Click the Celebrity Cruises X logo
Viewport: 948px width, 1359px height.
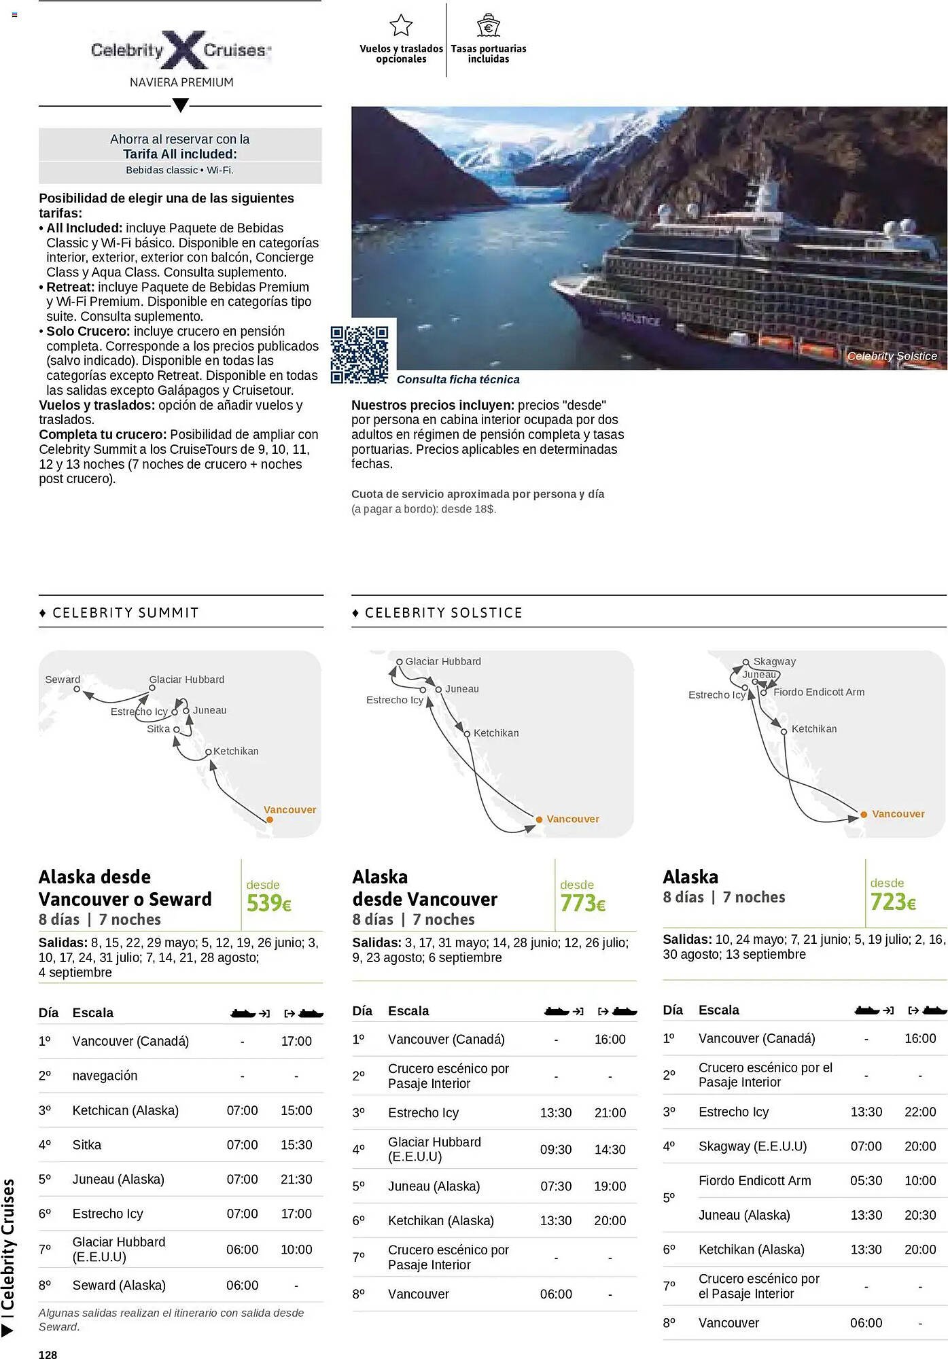pos(181,50)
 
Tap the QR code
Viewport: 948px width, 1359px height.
pos(359,354)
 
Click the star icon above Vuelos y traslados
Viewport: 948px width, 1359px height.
pos(401,26)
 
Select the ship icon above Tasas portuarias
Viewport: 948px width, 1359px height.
pos(488,26)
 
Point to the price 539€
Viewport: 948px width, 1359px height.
pos(268,903)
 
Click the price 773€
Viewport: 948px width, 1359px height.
pos(582,903)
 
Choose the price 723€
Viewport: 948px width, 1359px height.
pos(893,902)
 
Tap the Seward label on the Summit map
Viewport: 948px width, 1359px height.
pos(63,679)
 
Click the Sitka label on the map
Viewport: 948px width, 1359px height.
pos(158,728)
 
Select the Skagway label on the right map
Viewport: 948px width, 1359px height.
pos(774,661)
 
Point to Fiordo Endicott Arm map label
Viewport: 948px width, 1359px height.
pos(818,692)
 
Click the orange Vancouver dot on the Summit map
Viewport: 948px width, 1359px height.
pos(270,819)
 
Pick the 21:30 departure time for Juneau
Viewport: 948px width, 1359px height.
pos(296,1179)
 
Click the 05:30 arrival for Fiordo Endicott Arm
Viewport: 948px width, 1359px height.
pos(866,1180)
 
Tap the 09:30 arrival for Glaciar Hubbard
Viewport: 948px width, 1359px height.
pos(555,1149)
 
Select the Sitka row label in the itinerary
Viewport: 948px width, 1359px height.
pos(87,1144)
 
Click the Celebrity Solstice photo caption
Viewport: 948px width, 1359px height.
pos(892,356)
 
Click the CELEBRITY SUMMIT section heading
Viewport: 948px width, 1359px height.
pos(126,612)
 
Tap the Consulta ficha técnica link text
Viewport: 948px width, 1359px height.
pos(458,379)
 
